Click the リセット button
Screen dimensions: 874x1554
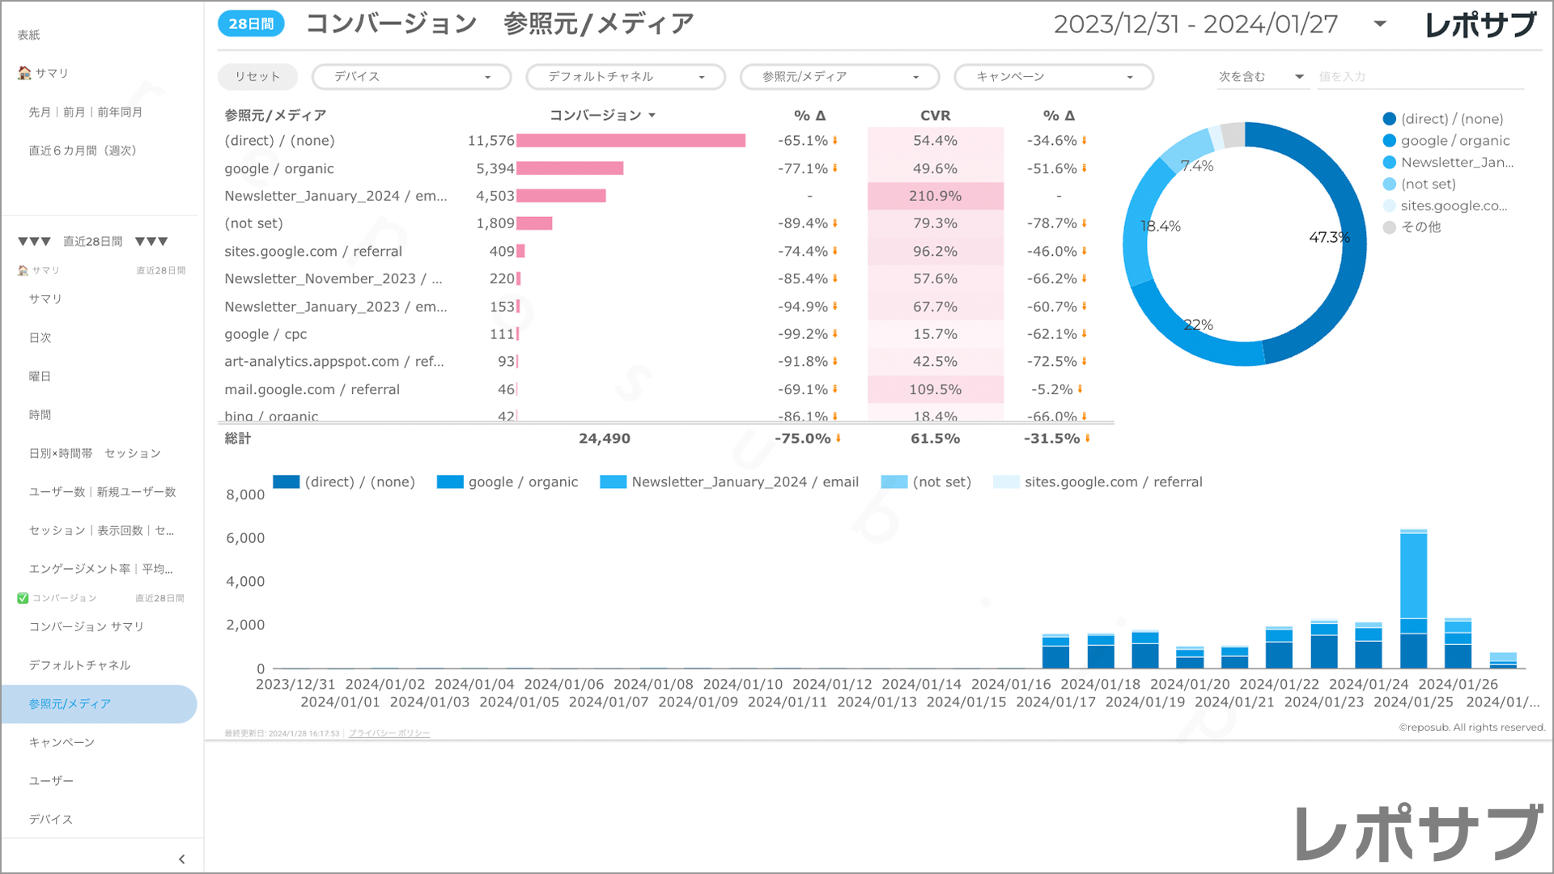(257, 77)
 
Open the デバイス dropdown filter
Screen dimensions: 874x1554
(411, 77)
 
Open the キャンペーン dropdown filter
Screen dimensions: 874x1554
(1053, 77)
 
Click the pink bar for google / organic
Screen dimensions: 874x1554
(570, 168)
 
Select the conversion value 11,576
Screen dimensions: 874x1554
(490, 141)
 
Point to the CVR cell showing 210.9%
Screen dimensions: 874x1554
(935, 196)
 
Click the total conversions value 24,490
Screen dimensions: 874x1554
(604, 439)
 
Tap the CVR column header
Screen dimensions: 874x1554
(935, 116)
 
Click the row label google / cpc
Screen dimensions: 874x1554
(265, 334)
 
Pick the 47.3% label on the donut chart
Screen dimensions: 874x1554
(1329, 237)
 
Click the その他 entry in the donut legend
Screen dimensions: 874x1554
(1420, 227)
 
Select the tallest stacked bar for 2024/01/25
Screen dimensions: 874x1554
(1413, 599)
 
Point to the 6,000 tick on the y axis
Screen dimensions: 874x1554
(245, 538)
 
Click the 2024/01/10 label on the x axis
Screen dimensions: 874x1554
(742, 685)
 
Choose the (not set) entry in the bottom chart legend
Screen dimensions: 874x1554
(941, 482)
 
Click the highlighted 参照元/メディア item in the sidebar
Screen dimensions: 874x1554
(70, 704)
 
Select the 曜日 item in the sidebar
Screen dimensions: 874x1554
(40, 376)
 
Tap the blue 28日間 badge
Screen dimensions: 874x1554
(251, 24)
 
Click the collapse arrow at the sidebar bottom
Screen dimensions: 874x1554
(181, 859)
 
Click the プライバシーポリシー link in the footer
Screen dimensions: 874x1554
(389, 733)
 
